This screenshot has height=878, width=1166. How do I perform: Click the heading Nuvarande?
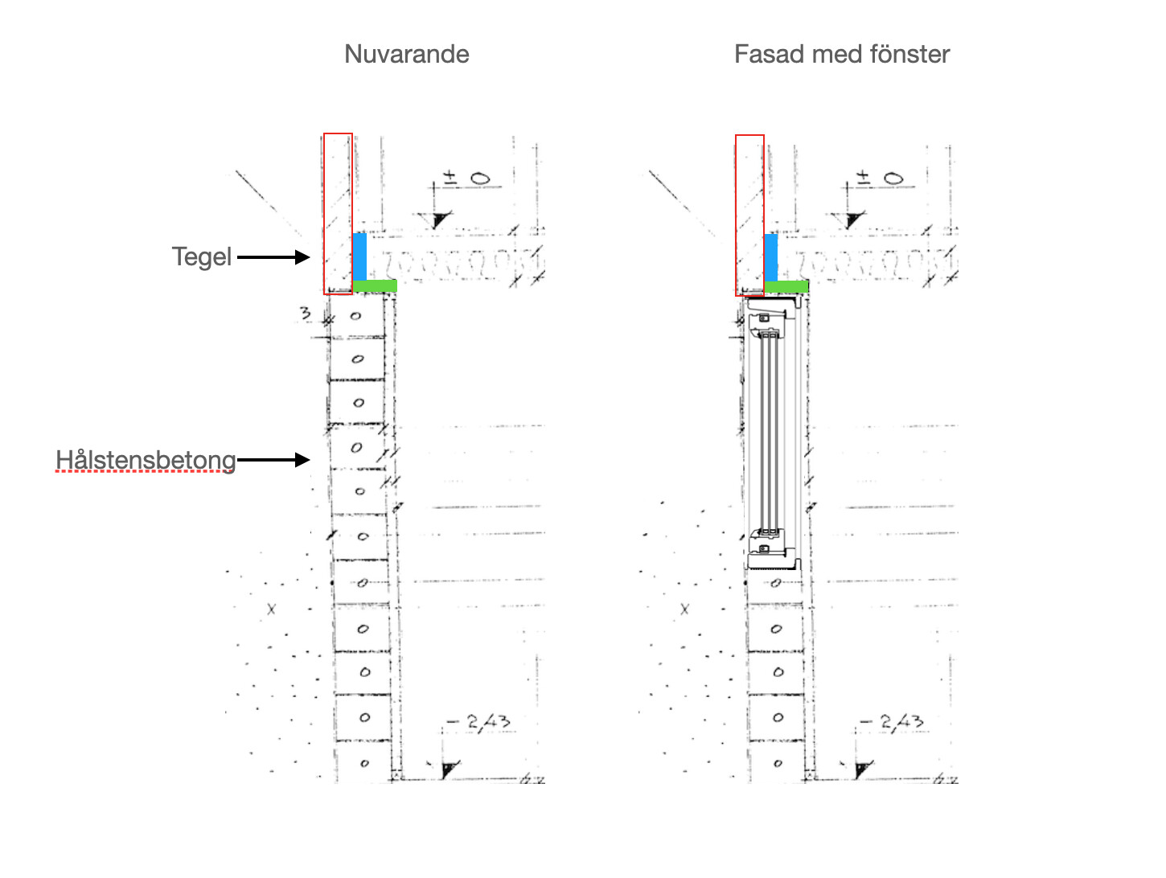click(406, 54)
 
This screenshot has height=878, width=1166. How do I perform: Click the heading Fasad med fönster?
click(841, 54)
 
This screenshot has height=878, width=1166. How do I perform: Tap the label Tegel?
click(201, 256)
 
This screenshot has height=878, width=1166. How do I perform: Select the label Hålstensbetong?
click(146, 460)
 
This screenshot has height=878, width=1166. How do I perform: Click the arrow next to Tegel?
click(273, 257)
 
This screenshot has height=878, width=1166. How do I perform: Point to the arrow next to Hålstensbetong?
click(273, 460)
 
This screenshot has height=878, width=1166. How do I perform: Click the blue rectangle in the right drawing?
click(771, 256)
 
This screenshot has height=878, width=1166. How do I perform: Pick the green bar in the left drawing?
click(375, 285)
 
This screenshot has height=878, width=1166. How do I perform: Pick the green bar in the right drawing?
click(786, 286)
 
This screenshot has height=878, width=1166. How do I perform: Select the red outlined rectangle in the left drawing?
click(338, 214)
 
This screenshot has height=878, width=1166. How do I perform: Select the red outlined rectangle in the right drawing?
click(749, 215)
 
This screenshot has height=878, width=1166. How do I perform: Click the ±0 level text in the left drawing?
click(469, 178)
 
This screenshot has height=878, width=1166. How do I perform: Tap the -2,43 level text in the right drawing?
click(897, 721)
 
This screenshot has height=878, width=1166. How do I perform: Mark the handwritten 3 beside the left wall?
click(306, 313)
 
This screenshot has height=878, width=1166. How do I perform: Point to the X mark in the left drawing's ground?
click(271, 609)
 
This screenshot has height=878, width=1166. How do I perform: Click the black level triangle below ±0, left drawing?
click(441, 219)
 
